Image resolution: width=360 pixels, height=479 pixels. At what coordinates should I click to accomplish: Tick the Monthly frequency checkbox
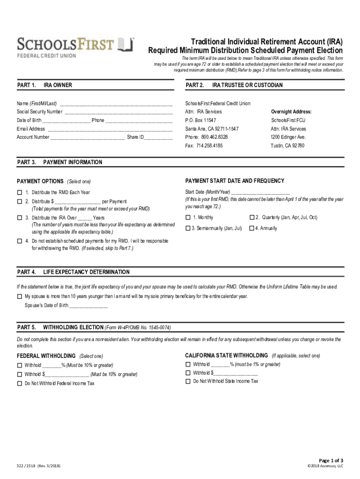point(188,218)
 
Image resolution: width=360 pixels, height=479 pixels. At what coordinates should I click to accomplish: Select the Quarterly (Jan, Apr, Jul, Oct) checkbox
point(252,218)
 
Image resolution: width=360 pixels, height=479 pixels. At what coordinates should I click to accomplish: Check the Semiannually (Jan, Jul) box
point(188,228)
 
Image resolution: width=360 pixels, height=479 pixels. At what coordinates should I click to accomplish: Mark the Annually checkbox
point(252,228)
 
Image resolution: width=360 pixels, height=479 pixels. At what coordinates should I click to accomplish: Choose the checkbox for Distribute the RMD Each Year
point(20,192)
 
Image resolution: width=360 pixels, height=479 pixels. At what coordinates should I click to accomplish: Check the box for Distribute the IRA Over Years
point(20,218)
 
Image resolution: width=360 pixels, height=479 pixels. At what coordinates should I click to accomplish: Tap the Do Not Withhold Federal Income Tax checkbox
point(20,384)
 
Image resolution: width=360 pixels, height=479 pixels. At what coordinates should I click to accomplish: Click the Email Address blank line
point(110,129)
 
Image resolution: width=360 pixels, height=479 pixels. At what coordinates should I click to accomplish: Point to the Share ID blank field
point(159,138)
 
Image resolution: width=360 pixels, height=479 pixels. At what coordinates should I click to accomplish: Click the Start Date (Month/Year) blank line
point(260,192)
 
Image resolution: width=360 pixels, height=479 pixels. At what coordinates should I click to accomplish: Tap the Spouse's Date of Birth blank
point(88,306)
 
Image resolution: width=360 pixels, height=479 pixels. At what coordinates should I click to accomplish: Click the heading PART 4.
point(27,272)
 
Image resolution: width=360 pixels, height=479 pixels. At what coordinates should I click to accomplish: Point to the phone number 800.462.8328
point(215,137)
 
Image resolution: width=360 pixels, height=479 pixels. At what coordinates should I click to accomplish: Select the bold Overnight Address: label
point(291,112)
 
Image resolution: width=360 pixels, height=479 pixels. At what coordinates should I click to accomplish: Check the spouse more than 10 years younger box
point(20,297)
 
